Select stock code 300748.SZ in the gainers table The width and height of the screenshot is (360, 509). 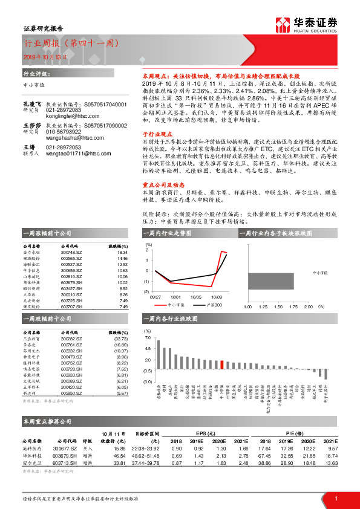[73, 253]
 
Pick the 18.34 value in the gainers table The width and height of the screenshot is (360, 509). [123, 253]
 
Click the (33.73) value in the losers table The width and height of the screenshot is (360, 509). [121, 339]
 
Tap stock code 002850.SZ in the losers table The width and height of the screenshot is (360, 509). [73, 393]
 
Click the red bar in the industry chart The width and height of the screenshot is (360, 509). [222, 365]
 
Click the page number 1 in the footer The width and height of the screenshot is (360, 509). [336, 498]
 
